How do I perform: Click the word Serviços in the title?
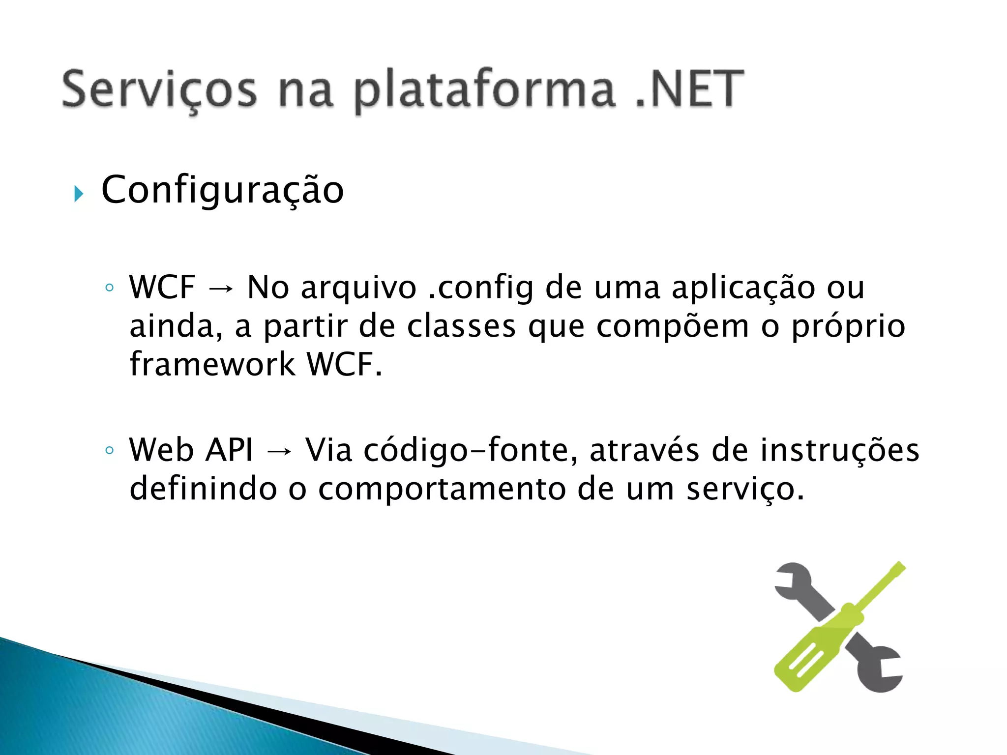pos(159,90)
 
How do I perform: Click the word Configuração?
pos(222,191)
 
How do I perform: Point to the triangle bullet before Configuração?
pos(79,194)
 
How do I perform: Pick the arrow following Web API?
pos(279,451)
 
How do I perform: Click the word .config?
pos(480,288)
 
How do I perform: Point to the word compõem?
pos(673,327)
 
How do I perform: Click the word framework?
pos(212,364)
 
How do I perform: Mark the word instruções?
pos(839,450)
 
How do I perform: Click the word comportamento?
pos(442,489)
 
